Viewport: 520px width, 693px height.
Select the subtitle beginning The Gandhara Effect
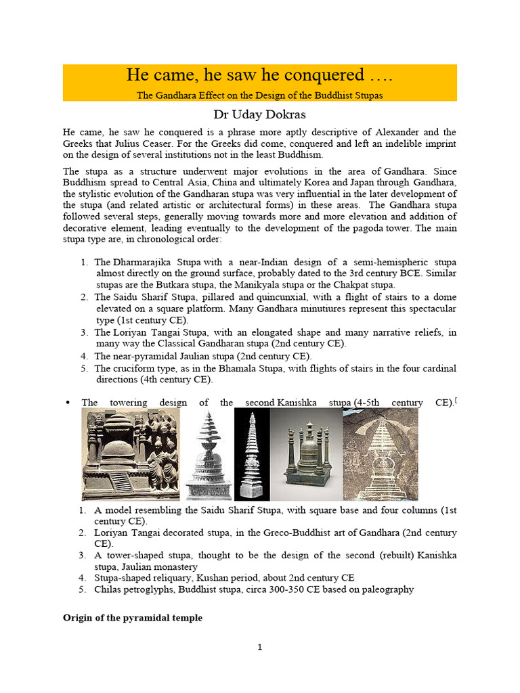(260, 95)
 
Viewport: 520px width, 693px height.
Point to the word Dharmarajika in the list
(145, 262)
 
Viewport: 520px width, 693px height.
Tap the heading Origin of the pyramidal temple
(133, 618)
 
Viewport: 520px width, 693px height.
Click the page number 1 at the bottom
(260, 648)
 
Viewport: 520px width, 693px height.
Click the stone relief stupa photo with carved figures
(131, 453)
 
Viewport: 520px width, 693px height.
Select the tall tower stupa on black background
(252, 453)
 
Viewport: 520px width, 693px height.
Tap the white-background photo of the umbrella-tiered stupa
(209, 453)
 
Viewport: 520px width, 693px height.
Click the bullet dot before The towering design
(67, 403)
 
